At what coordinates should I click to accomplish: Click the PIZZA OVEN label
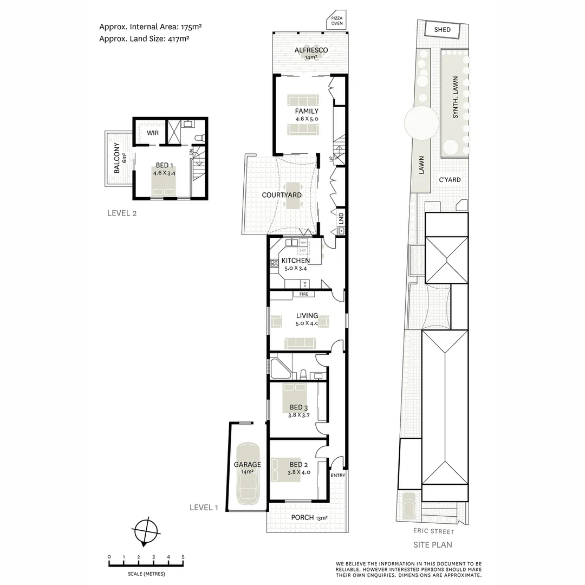pos(337,21)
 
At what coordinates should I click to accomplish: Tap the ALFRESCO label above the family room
pos(311,50)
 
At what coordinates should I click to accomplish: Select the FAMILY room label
pos(307,112)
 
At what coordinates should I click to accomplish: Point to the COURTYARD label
pos(282,195)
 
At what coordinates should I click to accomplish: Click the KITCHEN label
pos(296,261)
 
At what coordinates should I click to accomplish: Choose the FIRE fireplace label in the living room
pos(304,294)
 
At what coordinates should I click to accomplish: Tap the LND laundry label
pos(341,218)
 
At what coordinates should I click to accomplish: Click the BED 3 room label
pos(298,407)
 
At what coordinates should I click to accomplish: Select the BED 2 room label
pos(298,465)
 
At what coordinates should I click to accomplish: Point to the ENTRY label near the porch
pos(337,476)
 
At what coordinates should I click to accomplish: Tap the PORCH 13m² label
pos(307,517)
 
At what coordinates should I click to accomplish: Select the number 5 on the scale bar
pos(183,557)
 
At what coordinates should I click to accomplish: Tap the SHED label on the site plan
pos(442,30)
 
